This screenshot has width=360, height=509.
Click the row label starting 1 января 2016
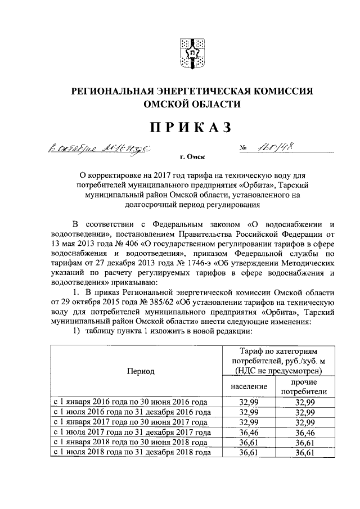pos(130,402)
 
